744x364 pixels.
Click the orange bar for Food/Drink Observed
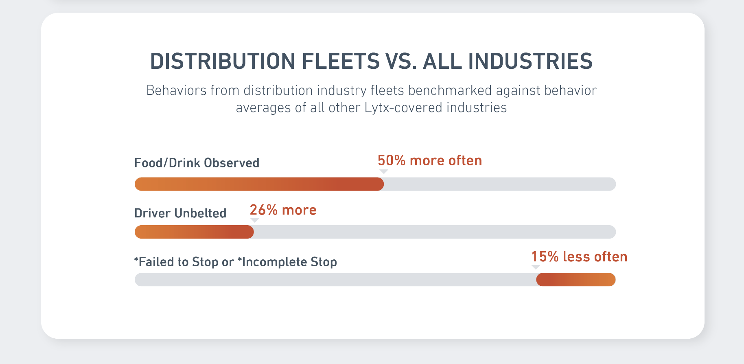click(259, 184)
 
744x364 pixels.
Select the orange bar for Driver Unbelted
click(194, 232)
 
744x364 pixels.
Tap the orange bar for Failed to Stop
click(576, 280)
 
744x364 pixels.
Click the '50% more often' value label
click(429, 161)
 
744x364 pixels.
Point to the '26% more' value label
click(283, 210)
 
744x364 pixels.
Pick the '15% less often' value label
click(579, 257)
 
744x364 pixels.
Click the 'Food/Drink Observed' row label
click(197, 163)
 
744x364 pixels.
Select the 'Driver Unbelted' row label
click(180, 213)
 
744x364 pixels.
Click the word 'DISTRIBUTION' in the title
click(223, 61)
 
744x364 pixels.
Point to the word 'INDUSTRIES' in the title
click(530, 61)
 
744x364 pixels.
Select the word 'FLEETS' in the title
click(341, 61)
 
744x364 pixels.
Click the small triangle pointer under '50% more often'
click(383, 172)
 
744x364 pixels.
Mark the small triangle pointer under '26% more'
click(255, 220)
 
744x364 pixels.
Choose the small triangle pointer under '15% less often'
click(536, 267)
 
